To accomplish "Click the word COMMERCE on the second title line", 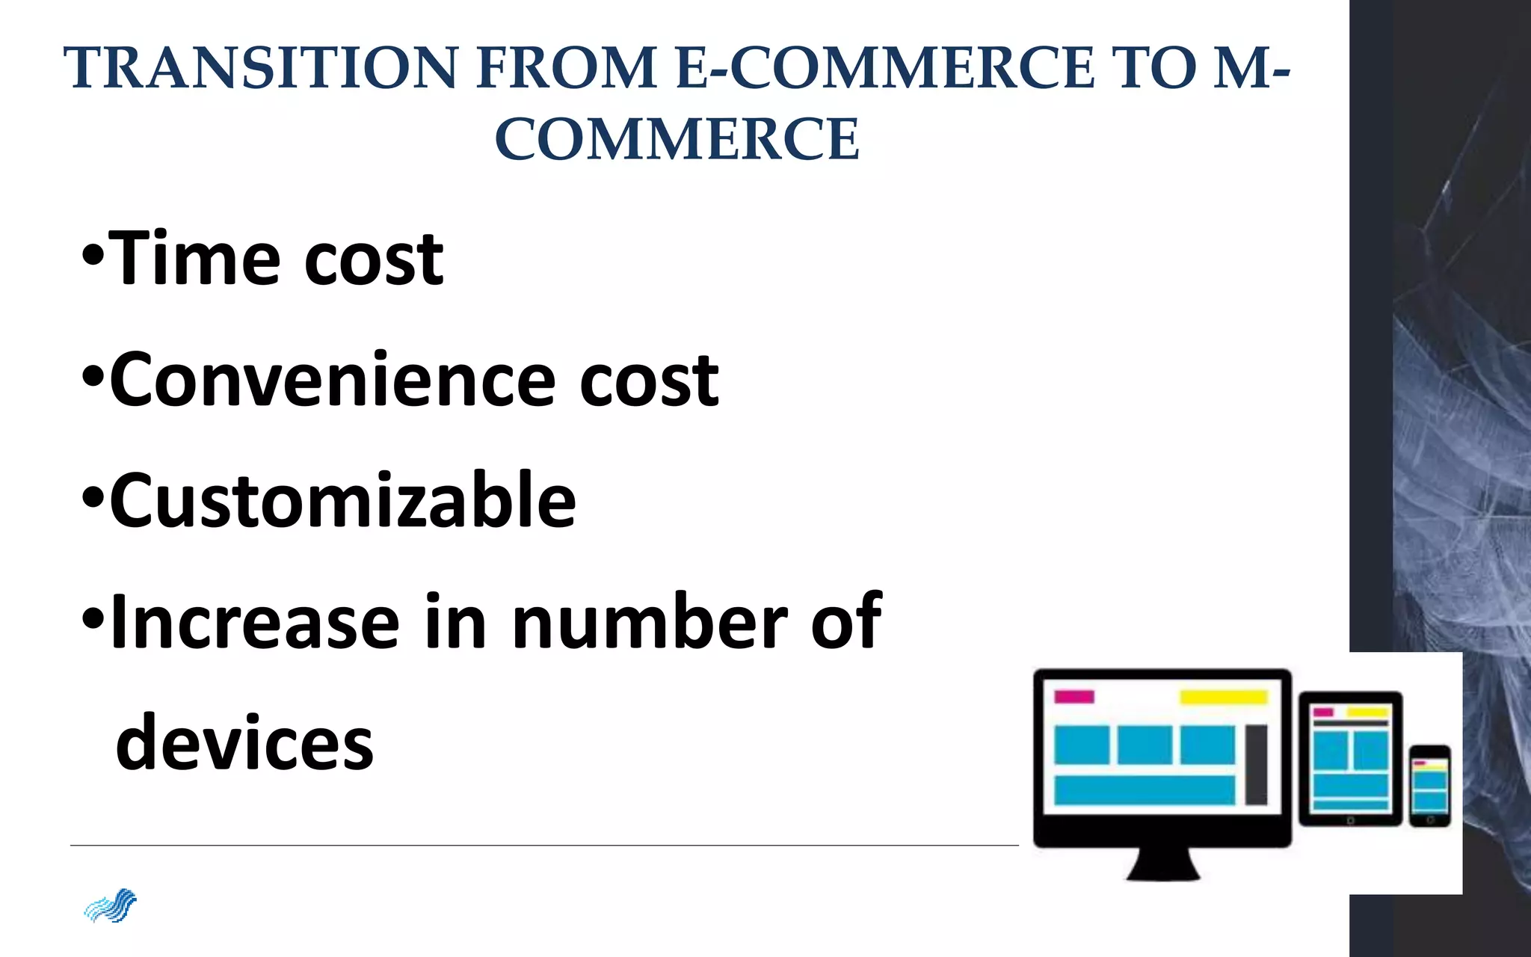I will (x=677, y=140).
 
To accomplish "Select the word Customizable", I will (x=343, y=500).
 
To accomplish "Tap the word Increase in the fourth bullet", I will (x=254, y=622).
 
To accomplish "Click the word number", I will (x=649, y=622).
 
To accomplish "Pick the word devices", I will (x=244, y=742).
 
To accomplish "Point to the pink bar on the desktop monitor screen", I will (x=1073, y=697).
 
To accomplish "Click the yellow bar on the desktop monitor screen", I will (x=1224, y=698).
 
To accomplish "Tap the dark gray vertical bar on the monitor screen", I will (x=1256, y=764).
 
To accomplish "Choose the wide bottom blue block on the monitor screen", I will (x=1144, y=790).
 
